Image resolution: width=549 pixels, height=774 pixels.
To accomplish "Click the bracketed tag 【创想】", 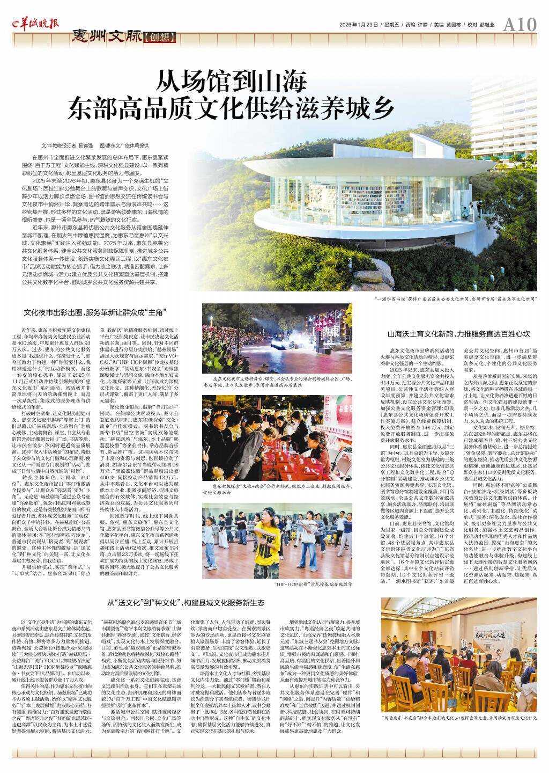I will (x=159, y=39).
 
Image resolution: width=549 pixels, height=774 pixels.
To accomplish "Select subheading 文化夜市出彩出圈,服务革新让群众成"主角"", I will (x=94, y=312).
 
